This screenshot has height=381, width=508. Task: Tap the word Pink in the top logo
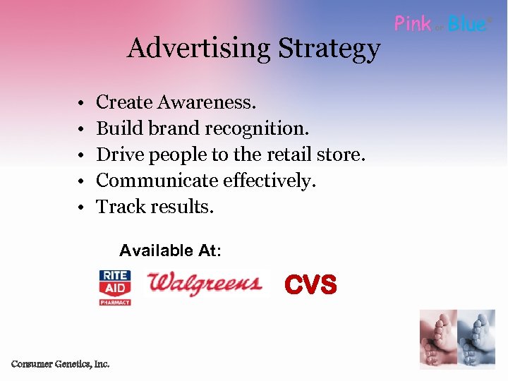pos(413,24)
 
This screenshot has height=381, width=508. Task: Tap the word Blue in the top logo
pos(467,24)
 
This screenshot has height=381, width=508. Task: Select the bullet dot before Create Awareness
pos(83,104)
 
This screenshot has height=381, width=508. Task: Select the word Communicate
pos(157,181)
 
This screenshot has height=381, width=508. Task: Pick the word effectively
pos(270,181)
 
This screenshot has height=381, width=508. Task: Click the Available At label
pos(170,250)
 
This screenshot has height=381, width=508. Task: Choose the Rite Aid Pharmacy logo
pos(114,287)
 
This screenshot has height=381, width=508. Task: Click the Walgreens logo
pos(205,284)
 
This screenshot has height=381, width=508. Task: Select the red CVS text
pos(310,285)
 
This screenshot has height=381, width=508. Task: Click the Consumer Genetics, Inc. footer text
pos(60,364)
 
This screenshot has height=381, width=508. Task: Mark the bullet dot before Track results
pos(83,208)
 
